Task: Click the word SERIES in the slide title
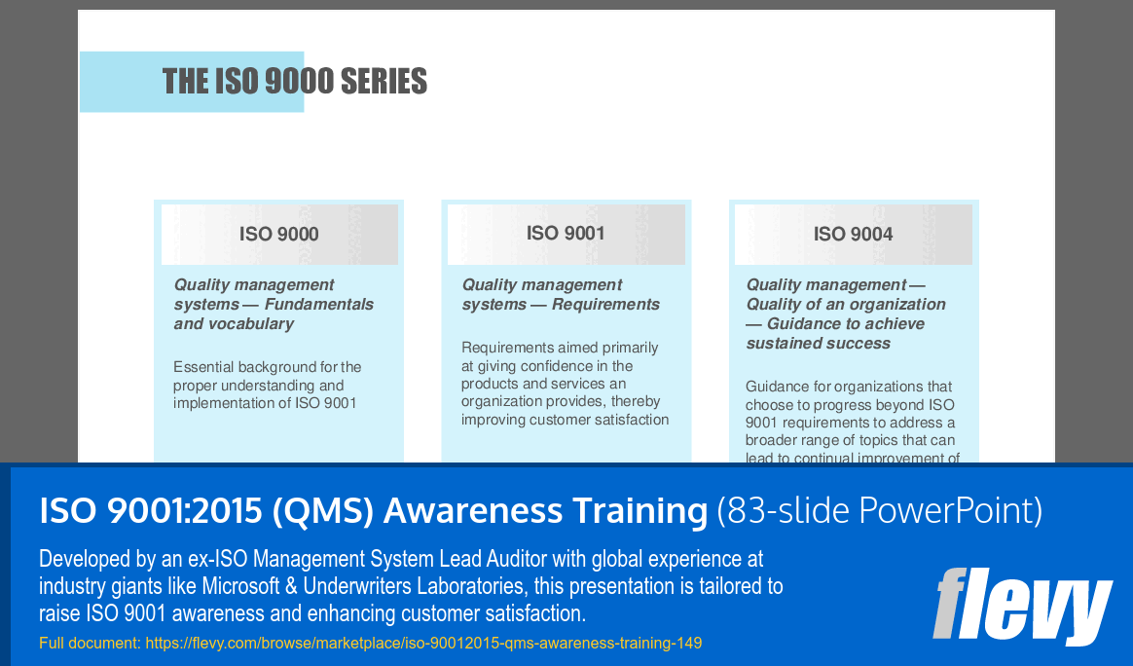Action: pos(383,81)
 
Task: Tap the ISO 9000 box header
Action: pos(279,234)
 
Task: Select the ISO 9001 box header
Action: pos(566,233)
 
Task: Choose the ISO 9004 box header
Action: pos(853,234)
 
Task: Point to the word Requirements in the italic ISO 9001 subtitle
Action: pos(605,304)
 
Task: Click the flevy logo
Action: pos(1022,606)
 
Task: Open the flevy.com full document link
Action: pos(423,643)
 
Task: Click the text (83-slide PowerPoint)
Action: pos(879,510)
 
